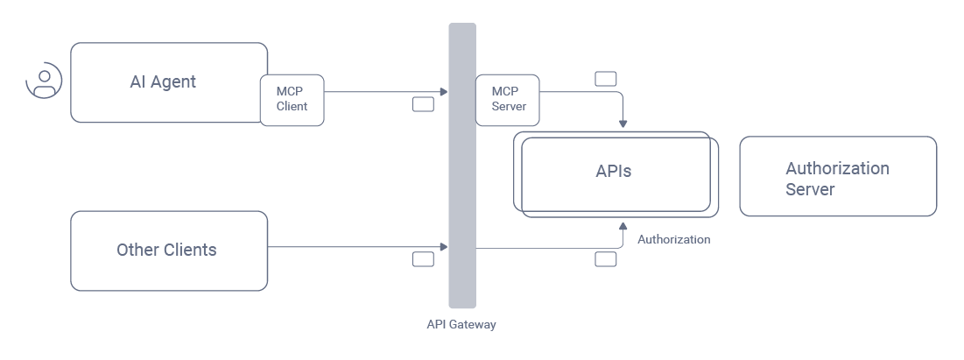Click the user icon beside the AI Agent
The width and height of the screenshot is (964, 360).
tap(44, 81)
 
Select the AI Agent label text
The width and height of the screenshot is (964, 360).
tap(163, 82)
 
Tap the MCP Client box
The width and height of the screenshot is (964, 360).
tap(292, 100)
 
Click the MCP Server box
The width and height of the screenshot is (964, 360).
tap(508, 100)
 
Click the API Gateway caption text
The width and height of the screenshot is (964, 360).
tap(461, 325)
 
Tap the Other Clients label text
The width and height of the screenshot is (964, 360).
tap(166, 251)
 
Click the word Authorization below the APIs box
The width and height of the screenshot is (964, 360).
tap(673, 239)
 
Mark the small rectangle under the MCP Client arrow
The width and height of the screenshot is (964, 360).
tap(423, 105)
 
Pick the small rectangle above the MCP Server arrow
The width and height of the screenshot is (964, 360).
tap(605, 79)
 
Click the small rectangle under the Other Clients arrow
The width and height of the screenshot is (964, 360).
tap(423, 259)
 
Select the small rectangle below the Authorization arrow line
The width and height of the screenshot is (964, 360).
tap(605, 259)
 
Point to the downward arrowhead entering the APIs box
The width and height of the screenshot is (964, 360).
tap(623, 123)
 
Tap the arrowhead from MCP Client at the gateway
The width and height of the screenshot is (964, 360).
tap(444, 91)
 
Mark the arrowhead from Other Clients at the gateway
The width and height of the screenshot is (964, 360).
tap(444, 248)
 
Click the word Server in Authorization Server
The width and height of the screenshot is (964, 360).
tap(810, 189)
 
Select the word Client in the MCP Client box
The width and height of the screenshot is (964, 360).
tap(292, 107)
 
